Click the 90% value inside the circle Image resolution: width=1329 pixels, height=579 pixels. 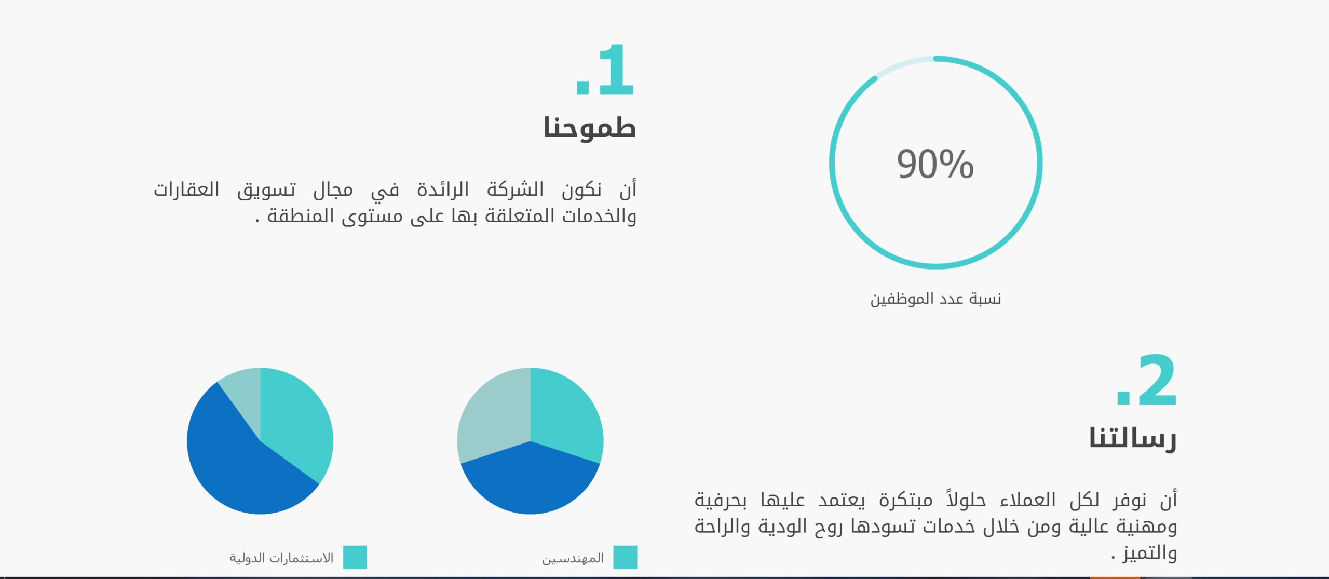click(935, 164)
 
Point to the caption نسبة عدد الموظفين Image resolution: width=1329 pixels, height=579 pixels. click(935, 299)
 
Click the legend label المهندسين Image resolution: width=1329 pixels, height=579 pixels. click(573, 558)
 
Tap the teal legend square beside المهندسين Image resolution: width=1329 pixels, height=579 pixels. click(625, 557)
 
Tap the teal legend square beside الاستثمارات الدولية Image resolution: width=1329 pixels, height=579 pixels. click(355, 557)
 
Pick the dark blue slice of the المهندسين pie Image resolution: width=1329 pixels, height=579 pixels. click(530, 483)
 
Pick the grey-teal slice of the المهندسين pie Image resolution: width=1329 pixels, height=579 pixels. click(491, 415)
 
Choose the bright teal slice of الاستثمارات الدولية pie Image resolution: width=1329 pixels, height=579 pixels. click(296, 421)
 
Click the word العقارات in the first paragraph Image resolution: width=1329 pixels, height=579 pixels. click(186, 189)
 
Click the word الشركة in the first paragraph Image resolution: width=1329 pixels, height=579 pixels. click(515, 189)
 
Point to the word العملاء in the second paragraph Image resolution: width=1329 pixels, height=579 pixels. click(1028, 500)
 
